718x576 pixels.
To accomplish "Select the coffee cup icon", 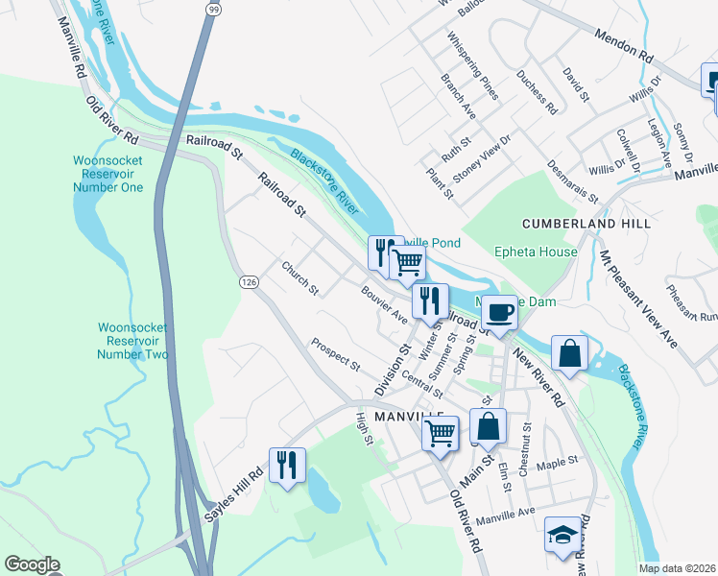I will [x=499, y=312].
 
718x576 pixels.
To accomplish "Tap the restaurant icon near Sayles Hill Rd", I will [x=287, y=466].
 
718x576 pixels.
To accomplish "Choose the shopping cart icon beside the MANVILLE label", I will [x=441, y=431].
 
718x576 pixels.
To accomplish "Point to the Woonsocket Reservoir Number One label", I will [x=108, y=174].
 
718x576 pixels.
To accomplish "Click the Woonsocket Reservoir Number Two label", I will [x=133, y=341].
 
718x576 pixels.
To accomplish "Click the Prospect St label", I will [x=334, y=353].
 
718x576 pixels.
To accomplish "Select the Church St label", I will [x=299, y=276].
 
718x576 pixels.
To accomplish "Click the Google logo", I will [x=32, y=564].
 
